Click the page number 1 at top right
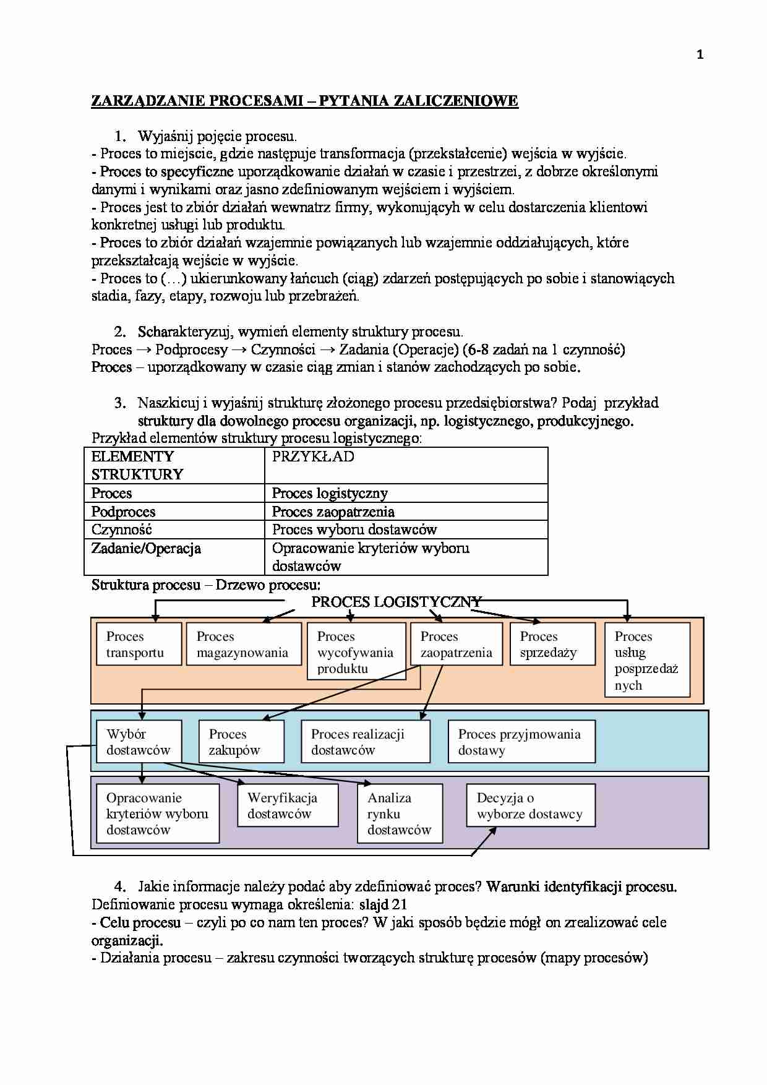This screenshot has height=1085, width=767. click(x=700, y=55)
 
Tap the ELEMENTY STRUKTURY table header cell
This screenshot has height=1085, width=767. click(x=174, y=465)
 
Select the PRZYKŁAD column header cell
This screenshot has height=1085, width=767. click(x=406, y=465)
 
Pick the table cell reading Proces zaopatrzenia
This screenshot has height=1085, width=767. click(x=406, y=512)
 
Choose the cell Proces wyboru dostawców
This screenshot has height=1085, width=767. click(x=406, y=530)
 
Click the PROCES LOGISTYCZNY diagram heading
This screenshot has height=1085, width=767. click(x=396, y=602)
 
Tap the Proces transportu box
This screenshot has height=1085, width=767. click(x=139, y=644)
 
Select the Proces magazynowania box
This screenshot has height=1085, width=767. click(x=243, y=644)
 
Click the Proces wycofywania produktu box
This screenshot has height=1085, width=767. click(x=356, y=652)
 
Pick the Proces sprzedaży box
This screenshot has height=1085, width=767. click(x=552, y=644)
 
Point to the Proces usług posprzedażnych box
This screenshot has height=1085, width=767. click(x=647, y=660)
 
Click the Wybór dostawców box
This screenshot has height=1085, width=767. click(x=139, y=742)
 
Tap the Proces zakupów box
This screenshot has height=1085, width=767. click(x=241, y=742)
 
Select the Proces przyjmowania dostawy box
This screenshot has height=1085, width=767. click(x=521, y=742)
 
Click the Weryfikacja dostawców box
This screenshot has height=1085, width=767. click(x=287, y=805)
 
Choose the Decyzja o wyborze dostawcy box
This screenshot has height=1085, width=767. click(x=530, y=805)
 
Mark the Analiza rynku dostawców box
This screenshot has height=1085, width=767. click(x=400, y=813)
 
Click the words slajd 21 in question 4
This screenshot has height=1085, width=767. click(x=383, y=904)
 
